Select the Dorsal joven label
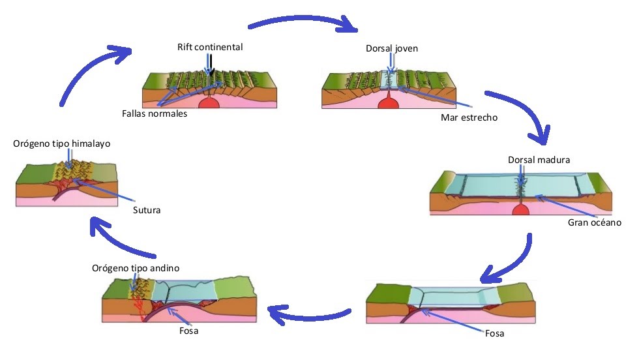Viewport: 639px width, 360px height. [391, 48]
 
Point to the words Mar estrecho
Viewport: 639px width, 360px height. [468, 117]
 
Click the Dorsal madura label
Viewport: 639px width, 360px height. [534, 160]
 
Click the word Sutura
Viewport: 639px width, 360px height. [147, 210]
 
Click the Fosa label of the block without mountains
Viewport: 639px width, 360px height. [494, 333]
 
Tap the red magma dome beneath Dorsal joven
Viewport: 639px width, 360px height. [389, 102]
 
